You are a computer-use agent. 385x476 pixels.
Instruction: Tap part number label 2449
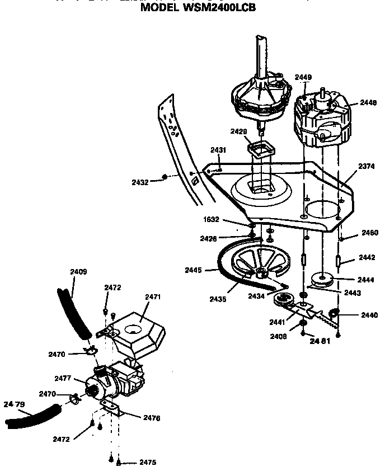pos(303,77)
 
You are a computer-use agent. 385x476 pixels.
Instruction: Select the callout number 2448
pos(368,102)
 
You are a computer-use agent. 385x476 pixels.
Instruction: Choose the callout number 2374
pos(367,166)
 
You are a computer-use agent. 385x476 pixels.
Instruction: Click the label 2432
pos(140,182)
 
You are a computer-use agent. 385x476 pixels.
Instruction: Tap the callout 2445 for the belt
pos(193,270)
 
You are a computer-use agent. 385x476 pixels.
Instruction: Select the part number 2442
pos(367,258)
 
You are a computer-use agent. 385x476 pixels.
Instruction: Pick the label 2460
pos(369,232)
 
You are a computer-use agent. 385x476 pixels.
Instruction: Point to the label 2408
pos(278,337)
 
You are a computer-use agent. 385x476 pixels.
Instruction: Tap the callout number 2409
pos(78,272)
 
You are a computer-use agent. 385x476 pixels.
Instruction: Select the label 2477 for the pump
pos(63,379)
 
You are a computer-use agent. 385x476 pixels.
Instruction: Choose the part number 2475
pos(148,463)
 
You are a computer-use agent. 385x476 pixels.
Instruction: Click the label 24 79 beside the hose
pos(15,404)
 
